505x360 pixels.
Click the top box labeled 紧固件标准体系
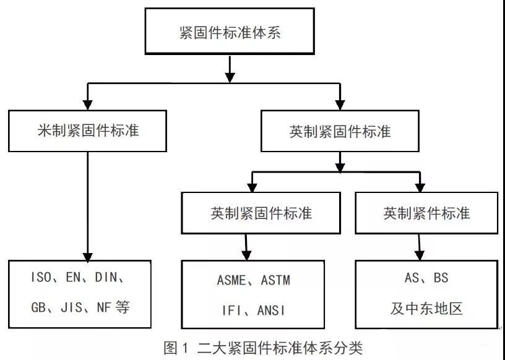point(230,31)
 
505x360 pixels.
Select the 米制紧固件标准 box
point(88,131)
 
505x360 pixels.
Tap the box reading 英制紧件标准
point(426,213)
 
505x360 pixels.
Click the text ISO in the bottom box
point(41,277)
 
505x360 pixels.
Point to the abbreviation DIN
point(106,277)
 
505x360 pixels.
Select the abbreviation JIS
point(72,307)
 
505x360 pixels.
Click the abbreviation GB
point(38,307)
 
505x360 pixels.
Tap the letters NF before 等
point(104,307)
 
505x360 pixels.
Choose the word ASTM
point(275,280)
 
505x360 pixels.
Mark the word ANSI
point(271,311)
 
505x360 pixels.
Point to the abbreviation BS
point(441,278)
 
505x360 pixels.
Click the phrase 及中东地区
point(426,309)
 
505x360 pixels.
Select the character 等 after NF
point(123,307)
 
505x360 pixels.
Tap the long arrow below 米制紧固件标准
point(88,207)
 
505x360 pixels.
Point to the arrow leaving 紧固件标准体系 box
point(230,69)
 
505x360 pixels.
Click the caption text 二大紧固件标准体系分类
point(280,348)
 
